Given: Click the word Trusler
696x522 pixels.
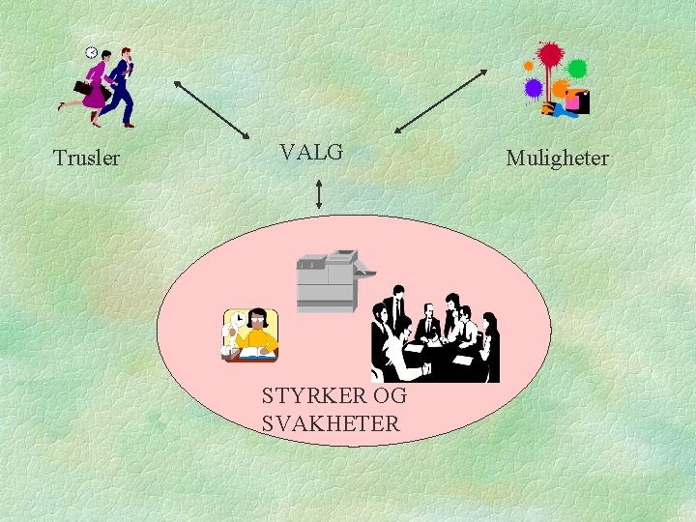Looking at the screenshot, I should [x=87, y=158].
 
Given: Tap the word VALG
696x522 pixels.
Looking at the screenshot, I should [x=311, y=152].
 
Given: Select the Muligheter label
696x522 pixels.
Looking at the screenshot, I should [x=558, y=158].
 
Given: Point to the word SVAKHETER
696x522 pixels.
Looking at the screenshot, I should [x=330, y=423].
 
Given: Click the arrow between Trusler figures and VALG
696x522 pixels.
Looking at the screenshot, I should [x=212, y=108].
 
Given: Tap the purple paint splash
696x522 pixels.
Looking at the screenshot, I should [x=533, y=88].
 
